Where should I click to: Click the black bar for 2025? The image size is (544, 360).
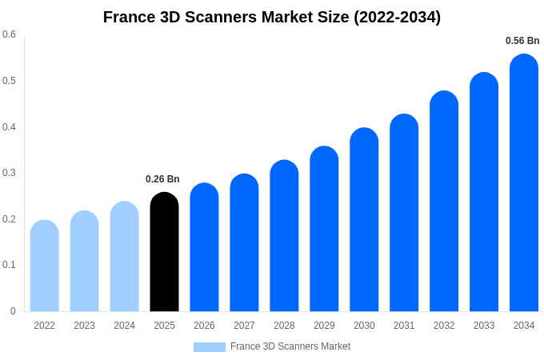click(x=164, y=252)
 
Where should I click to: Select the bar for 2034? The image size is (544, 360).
click(x=524, y=183)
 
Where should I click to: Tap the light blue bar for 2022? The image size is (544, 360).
click(x=45, y=266)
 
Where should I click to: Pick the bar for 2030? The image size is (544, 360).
click(x=364, y=220)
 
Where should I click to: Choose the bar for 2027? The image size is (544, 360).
click(x=244, y=243)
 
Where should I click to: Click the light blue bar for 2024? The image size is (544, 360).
click(x=124, y=257)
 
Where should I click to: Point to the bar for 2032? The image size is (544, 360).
click(x=444, y=202)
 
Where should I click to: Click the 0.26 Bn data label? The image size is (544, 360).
click(x=162, y=179)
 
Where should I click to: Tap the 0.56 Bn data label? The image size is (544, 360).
click(x=522, y=41)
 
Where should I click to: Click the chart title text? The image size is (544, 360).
click(x=272, y=17)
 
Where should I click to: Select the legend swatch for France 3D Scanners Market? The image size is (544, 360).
click(x=209, y=347)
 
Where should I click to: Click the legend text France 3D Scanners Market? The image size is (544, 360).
click(x=290, y=346)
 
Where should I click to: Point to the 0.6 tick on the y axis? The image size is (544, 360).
click(x=9, y=34)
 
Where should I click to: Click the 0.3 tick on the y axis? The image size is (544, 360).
click(x=9, y=173)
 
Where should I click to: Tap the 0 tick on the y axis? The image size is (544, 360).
click(x=13, y=311)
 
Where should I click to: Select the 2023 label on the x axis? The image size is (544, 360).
click(x=84, y=326)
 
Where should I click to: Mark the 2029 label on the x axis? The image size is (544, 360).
click(x=324, y=326)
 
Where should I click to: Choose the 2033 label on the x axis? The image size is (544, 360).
click(x=484, y=326)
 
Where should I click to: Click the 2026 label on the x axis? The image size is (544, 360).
click(x=204, y=326)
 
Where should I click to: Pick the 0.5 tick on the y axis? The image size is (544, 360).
click(x=9, y=81)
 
